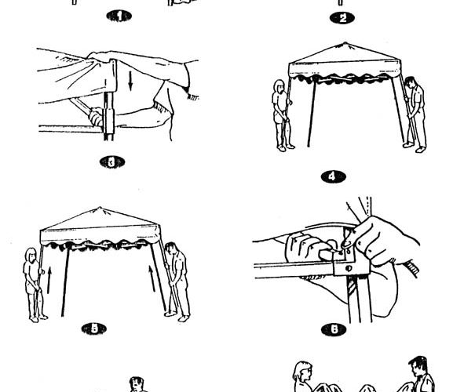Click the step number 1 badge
pos(119,16)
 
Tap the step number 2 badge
pos(342,18)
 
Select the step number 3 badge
pos(111,162)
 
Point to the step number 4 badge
pos(333,177)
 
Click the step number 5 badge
pos(93,328)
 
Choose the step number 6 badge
pos(334,329)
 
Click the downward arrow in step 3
pos(130,81)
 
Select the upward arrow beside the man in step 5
pos(152,278)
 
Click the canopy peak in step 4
pos(345,44)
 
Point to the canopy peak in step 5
pos(100,208)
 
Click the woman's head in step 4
pos(279,86)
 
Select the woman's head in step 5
pos(31,255)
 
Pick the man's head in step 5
pos(170,249)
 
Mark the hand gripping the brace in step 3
pos(96,116)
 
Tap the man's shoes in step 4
pos(415,147)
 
